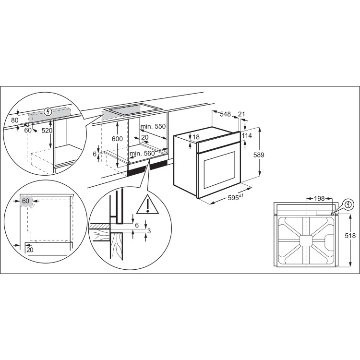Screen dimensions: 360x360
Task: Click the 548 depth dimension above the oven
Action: click(225, 114)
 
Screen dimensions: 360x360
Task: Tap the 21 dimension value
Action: click(241, 114)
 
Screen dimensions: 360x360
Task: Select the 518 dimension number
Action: click(350, 236)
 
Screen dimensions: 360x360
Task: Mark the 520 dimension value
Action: click(46, 131)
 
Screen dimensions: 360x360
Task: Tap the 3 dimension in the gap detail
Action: click(149, 231)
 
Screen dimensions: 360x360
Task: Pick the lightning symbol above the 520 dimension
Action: click(47, 113)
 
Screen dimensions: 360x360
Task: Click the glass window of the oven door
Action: click(219, 169)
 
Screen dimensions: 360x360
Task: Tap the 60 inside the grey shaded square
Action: click(26, 201)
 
